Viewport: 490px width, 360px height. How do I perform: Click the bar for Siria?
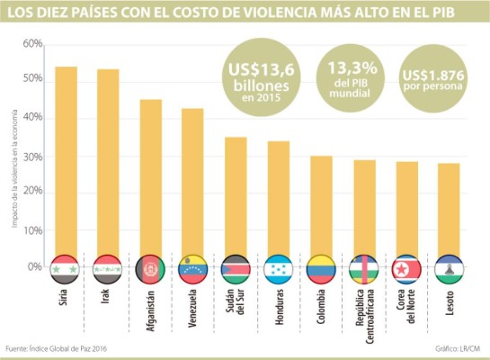tap(65, 162)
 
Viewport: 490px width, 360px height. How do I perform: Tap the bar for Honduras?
tap(279, 199)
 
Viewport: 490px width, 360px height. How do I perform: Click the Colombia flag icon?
tap(321, 268)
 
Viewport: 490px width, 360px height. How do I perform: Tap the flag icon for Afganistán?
tap(150, 268)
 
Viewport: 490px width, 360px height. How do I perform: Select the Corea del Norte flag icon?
tap(406, 268)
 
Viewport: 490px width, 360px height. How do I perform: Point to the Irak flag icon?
tap(108, 268)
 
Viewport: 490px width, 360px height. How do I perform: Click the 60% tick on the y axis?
tap(33, 44)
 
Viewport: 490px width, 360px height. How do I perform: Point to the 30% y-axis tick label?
tap(33, 156)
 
